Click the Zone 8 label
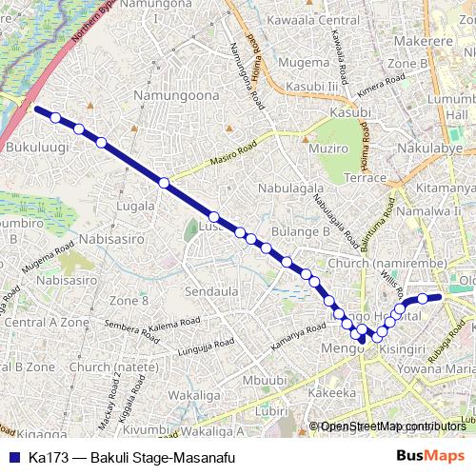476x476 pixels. pyautogui.click(x=129, y=301)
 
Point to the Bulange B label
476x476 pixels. pyautogui.click(x=298, y=230)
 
